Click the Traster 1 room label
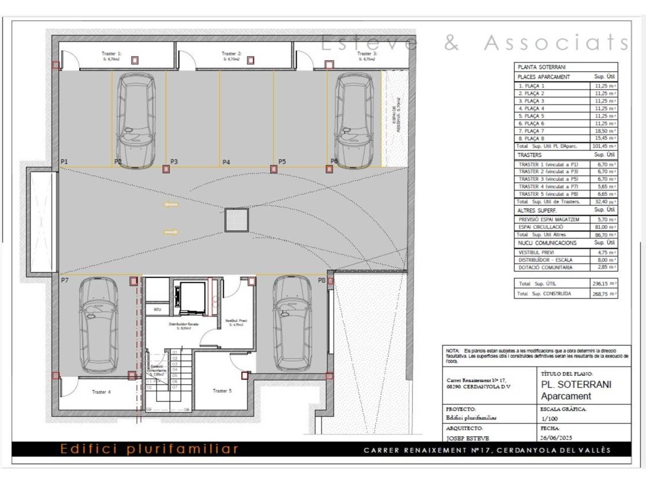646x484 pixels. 111,53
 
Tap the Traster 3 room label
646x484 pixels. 367,53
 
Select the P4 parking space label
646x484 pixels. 226,162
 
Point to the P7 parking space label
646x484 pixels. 65,280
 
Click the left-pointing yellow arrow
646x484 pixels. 171,205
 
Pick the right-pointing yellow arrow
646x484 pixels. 171,232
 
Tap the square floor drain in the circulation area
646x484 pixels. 237,220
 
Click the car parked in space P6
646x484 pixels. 354,120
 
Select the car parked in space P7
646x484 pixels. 99,325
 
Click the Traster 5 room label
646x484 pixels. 222,391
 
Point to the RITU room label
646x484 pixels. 157,309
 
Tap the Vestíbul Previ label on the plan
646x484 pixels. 236,321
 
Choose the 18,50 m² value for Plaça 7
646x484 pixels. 605,131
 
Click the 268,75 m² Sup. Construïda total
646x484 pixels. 604,294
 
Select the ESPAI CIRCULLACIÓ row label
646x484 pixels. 541,227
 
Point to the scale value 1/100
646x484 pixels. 550,418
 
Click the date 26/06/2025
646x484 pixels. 556,438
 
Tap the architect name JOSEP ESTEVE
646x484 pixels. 467,438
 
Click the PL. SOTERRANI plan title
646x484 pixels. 576,384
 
